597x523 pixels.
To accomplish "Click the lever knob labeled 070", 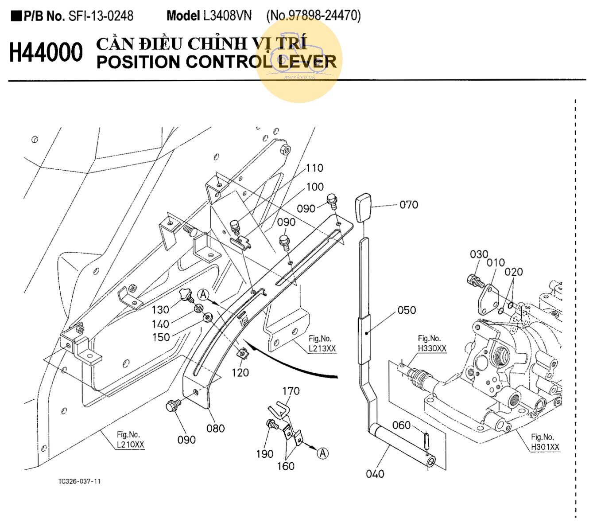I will click(362, 207).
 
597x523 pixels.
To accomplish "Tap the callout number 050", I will click(407, 310).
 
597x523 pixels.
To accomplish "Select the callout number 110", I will click(314, 168).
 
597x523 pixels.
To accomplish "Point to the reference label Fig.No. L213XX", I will click(322, 344).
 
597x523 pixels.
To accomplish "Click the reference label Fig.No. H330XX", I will click(432, 344).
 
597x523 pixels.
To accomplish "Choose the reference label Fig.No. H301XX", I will click(545, 442).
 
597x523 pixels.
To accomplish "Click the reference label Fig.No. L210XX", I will click(130, 440).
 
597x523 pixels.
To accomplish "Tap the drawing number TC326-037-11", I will click(79, 481).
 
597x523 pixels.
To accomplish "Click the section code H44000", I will click(46, 53).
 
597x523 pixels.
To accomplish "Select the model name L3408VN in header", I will click(227, 16).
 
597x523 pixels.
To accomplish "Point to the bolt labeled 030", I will click(475, 280).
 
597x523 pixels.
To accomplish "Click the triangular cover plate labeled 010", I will click(488, 296).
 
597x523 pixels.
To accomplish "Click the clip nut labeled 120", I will click(242, 354).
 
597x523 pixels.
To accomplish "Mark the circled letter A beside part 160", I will click(323, 453).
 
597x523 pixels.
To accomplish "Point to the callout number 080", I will click(215, 429).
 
